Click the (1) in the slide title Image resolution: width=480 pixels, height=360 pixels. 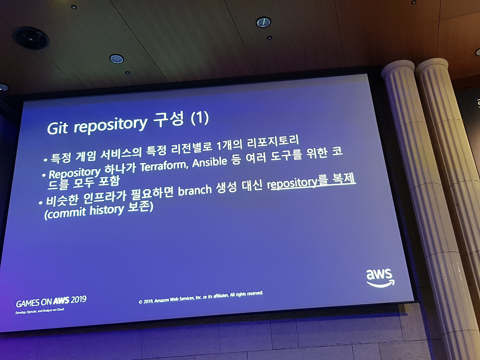tap(199, 118)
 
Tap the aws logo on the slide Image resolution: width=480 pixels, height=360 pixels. tap(380, 278)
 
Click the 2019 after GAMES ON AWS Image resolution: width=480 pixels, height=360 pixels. tap(78, 299)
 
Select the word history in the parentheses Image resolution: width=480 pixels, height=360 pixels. tap(106, 210)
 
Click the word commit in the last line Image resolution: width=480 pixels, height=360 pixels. tap(65, 213)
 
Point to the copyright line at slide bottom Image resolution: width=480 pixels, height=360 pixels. tap(201, 297)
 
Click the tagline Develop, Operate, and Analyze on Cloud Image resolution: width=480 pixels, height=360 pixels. tap(40, 310)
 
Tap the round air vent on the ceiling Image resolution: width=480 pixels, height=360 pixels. tap(31, 39)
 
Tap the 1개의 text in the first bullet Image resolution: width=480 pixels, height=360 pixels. tap(229, 145)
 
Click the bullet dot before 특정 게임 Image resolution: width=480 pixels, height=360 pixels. tap(45, 160)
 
